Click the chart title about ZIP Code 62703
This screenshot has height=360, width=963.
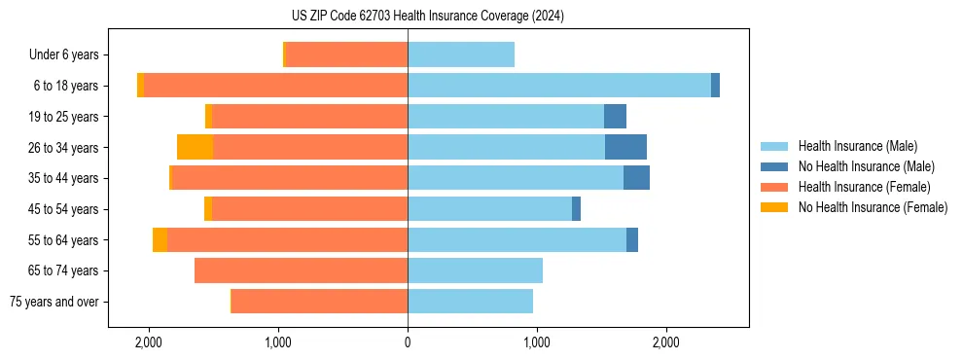(482, 17)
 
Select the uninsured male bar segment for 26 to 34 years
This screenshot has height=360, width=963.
(625, 147)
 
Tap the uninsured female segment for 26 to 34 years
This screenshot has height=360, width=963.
(196, 147)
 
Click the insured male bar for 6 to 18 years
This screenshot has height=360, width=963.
(559, 86)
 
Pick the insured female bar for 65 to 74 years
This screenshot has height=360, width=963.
(301, 270)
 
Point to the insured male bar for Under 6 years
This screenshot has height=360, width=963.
(461, 54)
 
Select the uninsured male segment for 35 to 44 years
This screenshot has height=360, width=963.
(636, 178)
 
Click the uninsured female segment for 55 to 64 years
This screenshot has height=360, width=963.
(160, 239)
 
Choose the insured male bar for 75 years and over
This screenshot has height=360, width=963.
(470, 302)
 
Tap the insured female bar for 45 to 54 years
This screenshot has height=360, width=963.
(309, 209)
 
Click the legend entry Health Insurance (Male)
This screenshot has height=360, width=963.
(857, 146)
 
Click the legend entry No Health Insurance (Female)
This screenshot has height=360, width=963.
(873, 207)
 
